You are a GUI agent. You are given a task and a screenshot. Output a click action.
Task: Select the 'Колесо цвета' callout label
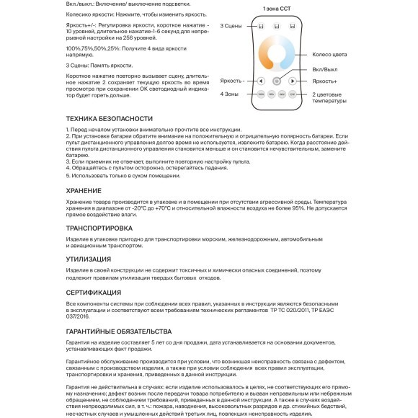329,55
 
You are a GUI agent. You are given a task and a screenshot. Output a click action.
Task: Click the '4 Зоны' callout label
229,94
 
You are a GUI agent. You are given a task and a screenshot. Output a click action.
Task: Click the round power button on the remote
277,81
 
